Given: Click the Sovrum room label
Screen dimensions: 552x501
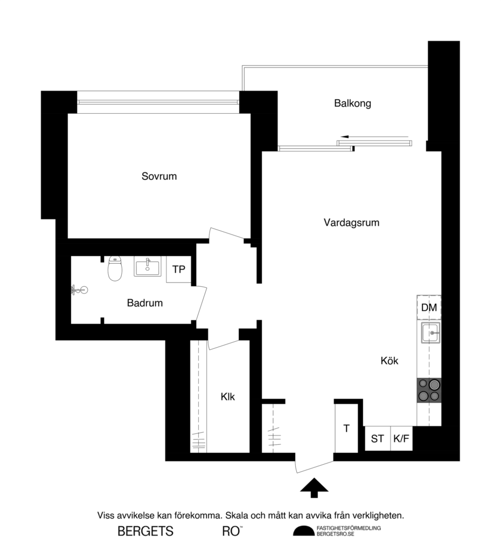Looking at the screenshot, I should pyautogui.click(x=159, y=176).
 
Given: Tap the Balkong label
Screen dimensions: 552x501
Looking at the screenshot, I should pyautogui.click(x=352, y=103).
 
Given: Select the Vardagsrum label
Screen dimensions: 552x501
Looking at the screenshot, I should pyautogui.click(x=351, y=222).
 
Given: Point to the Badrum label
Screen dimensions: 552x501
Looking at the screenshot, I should pyautogui.click(x=145, y=303).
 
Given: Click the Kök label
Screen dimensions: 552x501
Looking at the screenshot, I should pyautogui.click(x=389, y=361).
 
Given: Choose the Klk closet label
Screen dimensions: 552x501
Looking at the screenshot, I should pyautogui.click(x=228, y=397).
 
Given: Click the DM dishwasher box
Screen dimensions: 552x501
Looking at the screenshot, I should pyautogui.click(x=429, y=308).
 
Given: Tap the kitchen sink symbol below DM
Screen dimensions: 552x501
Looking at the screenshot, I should pyautogui.click(x=431, y=334).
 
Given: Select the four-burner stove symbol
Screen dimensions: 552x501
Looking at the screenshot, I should pyautogui.click(x=429, y=390).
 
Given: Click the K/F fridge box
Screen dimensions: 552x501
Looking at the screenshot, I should pyautogui.click(x=401, y=439).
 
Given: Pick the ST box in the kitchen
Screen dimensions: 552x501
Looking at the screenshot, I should pyautogui.click(x=377, y=439).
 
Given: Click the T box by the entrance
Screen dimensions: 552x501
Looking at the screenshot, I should pyautogui.click(x=346, y=429).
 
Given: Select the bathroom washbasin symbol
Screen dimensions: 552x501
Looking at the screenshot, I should pyautogui.click(x=148, y=266).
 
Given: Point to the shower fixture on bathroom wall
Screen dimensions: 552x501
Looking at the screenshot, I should pyautogui.click(x=79, y=291).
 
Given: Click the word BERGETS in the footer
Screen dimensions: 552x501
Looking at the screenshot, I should pyautogui.click(x=145, y=532).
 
